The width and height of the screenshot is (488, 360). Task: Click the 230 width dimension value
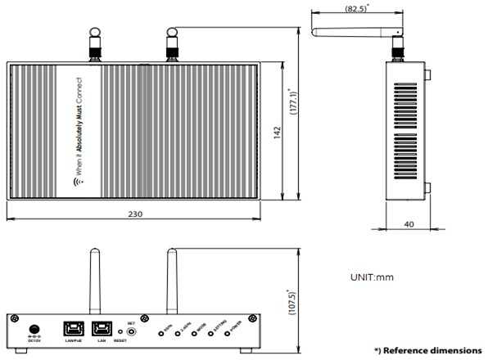coord(136,214)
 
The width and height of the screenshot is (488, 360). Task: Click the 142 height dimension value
coord(278,131)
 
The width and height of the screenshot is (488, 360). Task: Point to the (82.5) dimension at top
coord(354,9)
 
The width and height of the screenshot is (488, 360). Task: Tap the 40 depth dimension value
coord(407,223)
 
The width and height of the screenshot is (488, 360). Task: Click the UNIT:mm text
coord(372,277)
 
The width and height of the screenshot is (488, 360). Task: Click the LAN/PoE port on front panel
coord(72,329)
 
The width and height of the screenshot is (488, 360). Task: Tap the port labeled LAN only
coord(102,329)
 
